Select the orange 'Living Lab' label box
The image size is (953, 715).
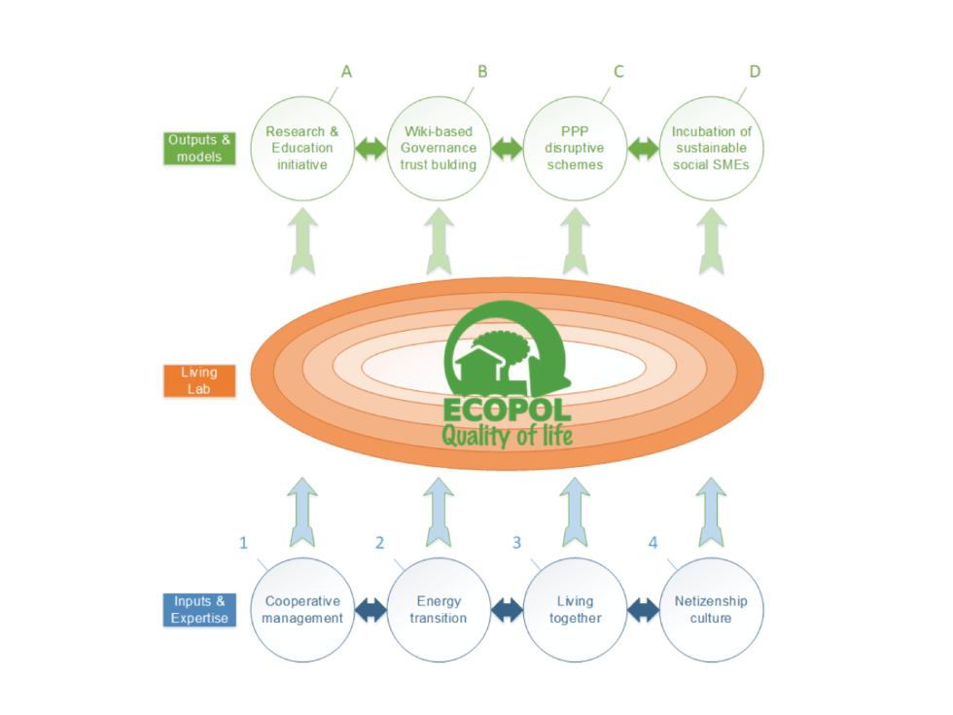(198, 380)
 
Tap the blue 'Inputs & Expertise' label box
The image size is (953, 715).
(198, 610)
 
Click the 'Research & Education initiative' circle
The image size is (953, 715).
(300, 148)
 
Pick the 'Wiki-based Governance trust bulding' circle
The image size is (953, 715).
(439, 148)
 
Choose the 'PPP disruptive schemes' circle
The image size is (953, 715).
(575, 148)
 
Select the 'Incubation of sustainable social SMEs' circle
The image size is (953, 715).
(712, 148)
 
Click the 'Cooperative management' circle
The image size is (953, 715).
(302, 610)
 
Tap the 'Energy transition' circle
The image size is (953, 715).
(439, 610)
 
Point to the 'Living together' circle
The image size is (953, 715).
(575, 610)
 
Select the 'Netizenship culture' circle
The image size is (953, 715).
(711, 610)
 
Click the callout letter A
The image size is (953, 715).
(345, 72)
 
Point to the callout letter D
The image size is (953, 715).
(755, 72)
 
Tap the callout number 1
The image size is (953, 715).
(244, 543)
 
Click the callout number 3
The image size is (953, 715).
(516, 543)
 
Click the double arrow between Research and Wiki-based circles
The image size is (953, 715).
(370, 149)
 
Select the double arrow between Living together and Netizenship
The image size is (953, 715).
(643, 611)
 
